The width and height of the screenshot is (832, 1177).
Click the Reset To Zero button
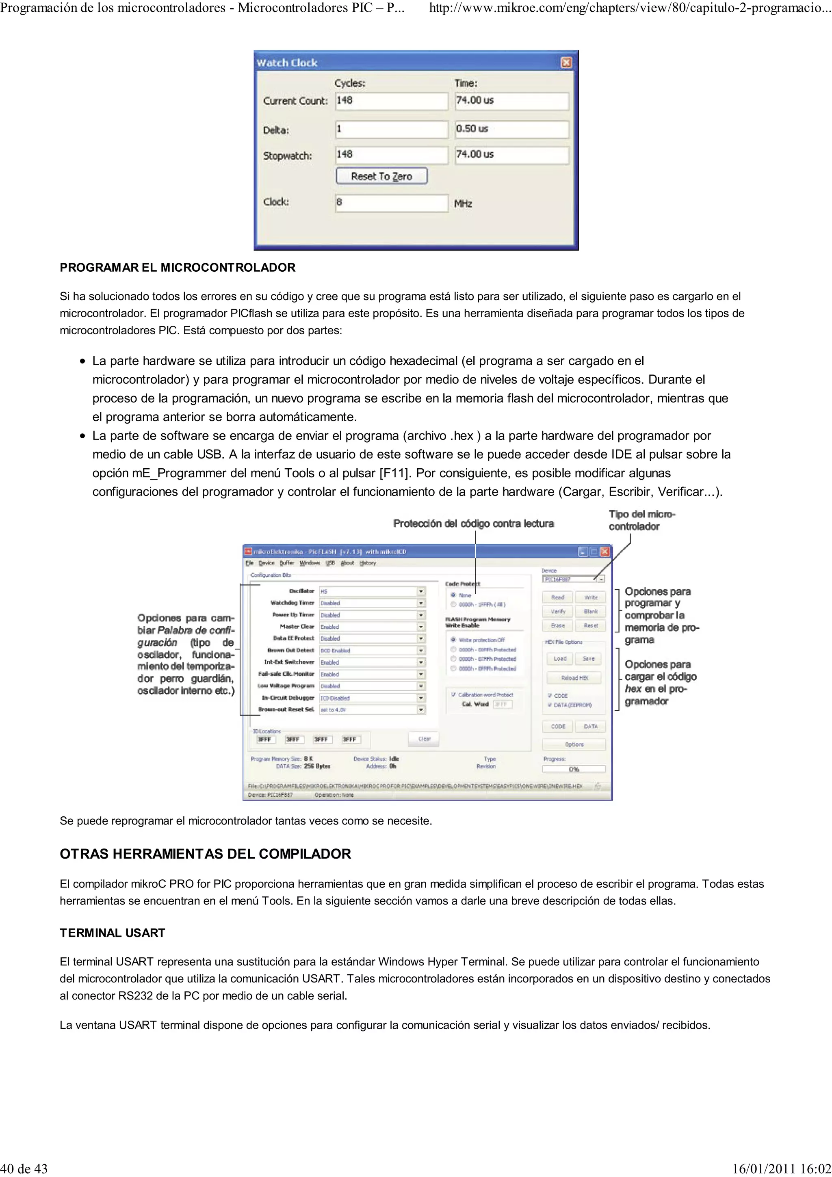(x=381, y=176)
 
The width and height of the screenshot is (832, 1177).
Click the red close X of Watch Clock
(x=566, y=63)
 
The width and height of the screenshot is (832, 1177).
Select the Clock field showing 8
(x=391, y=203)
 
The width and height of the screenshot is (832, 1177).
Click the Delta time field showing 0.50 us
(x=511, y=129)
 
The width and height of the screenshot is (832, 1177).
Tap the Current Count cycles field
(x=391, y=100)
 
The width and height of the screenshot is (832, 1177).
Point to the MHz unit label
(x=463, y=204)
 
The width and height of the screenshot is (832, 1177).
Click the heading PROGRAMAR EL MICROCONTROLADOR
(x=178, y=268)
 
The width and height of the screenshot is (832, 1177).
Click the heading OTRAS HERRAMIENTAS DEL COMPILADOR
(x=205, y=854)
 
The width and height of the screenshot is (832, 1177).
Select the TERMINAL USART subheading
(x=112, y=933)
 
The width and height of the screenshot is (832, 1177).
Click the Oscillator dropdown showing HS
(x=372, y=591)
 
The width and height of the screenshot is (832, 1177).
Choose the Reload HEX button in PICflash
(x=574, y=678)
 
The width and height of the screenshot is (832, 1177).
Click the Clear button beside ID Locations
(x=424, y=739)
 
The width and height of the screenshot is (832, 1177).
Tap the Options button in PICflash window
(x=574, y=744)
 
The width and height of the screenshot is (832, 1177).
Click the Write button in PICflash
(x=591, y=597)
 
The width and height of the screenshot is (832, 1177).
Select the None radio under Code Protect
(x=454, y=595)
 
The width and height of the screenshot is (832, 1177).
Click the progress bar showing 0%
(x=574, y=769)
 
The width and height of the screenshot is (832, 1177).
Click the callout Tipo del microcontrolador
(x=641, y=520)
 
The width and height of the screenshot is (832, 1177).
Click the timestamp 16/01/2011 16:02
(x=781, y=1169)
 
